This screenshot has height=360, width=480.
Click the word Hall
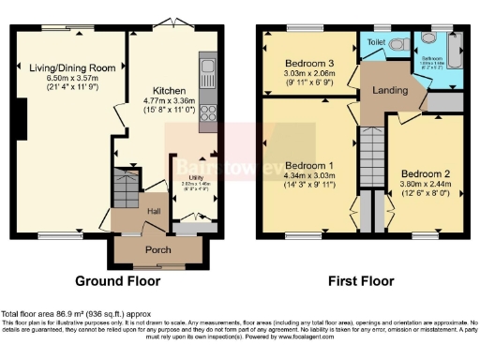[154, 212]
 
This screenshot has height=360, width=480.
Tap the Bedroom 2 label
[426, 174]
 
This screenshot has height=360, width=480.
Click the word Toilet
[376, 42]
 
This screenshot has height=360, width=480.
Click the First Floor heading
[362, 280]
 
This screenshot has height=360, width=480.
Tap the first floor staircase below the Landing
[373, 155]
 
